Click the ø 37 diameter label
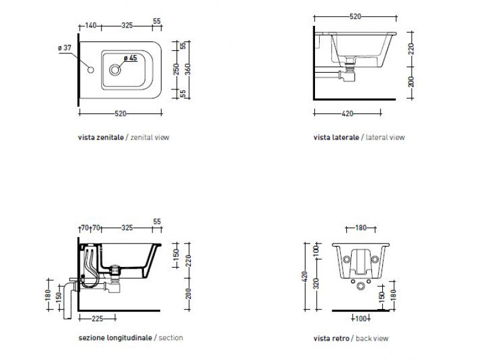coord(65,48)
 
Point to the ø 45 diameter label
coord(130,58)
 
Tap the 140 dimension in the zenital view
coord(91,25)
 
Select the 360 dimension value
coord(188,69)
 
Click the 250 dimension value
coord(176,69)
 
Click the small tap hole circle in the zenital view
coord(91,70)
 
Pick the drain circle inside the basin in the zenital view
coord(115,70)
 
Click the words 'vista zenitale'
coord(101,137)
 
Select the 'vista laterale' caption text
coord(336,137)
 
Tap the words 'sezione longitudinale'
coord(115,338)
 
